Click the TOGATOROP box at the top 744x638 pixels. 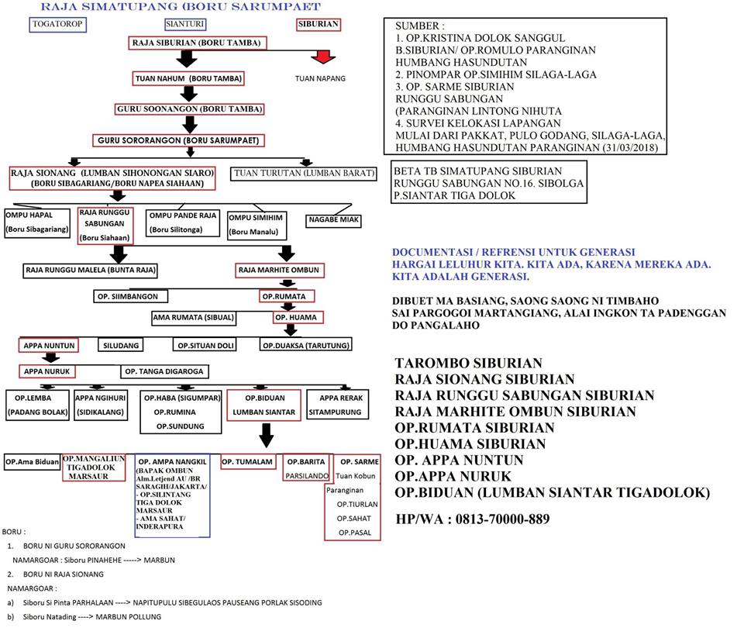[57, 24]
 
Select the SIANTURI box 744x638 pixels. [179, 24]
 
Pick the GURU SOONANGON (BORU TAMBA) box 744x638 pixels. [189, 109]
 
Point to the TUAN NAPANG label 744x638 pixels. [321, 78]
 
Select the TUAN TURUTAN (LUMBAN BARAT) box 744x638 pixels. [304, 172]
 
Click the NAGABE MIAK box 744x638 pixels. [334, 220]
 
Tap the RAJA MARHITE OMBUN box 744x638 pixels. [278, 271]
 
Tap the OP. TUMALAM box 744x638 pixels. [248, 461]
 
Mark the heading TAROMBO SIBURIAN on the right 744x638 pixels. [468, 363]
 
